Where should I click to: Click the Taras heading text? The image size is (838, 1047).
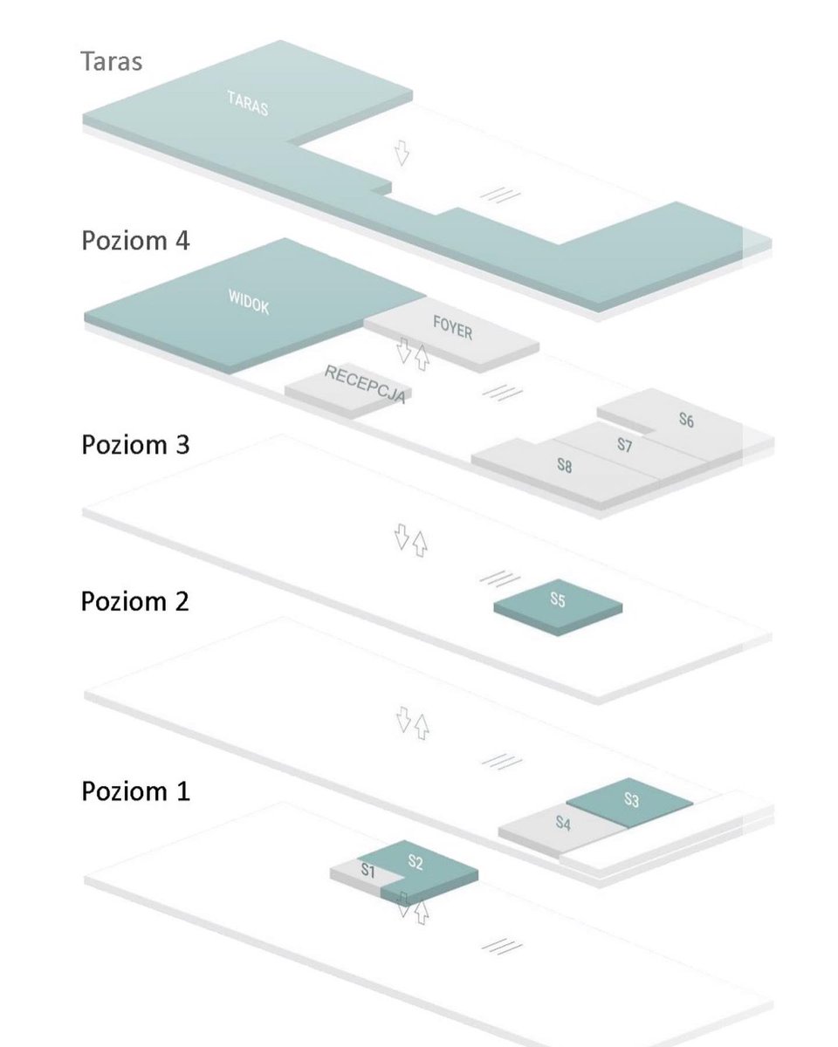[112, 61]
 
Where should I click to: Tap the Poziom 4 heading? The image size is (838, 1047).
[135, 240]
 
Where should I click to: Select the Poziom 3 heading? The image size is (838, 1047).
[135, 445]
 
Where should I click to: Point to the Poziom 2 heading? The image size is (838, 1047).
[135, 601]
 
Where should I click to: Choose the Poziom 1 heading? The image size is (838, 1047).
[135, 790]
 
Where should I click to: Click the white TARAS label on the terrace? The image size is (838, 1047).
[248, 104]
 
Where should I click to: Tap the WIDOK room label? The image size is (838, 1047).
[249, 302]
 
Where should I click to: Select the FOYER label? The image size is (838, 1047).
[453, 327]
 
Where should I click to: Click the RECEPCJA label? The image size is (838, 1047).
[365, 385]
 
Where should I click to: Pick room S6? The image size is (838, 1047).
[686, 420]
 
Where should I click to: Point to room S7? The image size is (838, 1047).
[625, 444]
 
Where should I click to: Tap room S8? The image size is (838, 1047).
[565, 466]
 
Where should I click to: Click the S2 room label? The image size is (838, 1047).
[416, 862]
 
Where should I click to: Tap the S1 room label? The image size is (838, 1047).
[368, 871]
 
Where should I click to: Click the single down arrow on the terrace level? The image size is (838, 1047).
[402, 153]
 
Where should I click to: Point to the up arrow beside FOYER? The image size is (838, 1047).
[422, 358]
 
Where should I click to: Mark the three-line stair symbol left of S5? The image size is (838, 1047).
[500, 579]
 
